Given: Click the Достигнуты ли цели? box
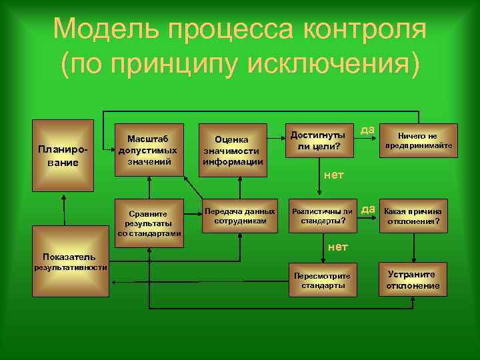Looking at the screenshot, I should [x=318, y=140].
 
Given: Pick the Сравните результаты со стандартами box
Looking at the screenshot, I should [x=148, y=219].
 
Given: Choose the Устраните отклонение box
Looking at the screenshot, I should [x=413, y=280].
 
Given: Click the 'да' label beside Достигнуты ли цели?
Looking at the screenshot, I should [x=367, y=129].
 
